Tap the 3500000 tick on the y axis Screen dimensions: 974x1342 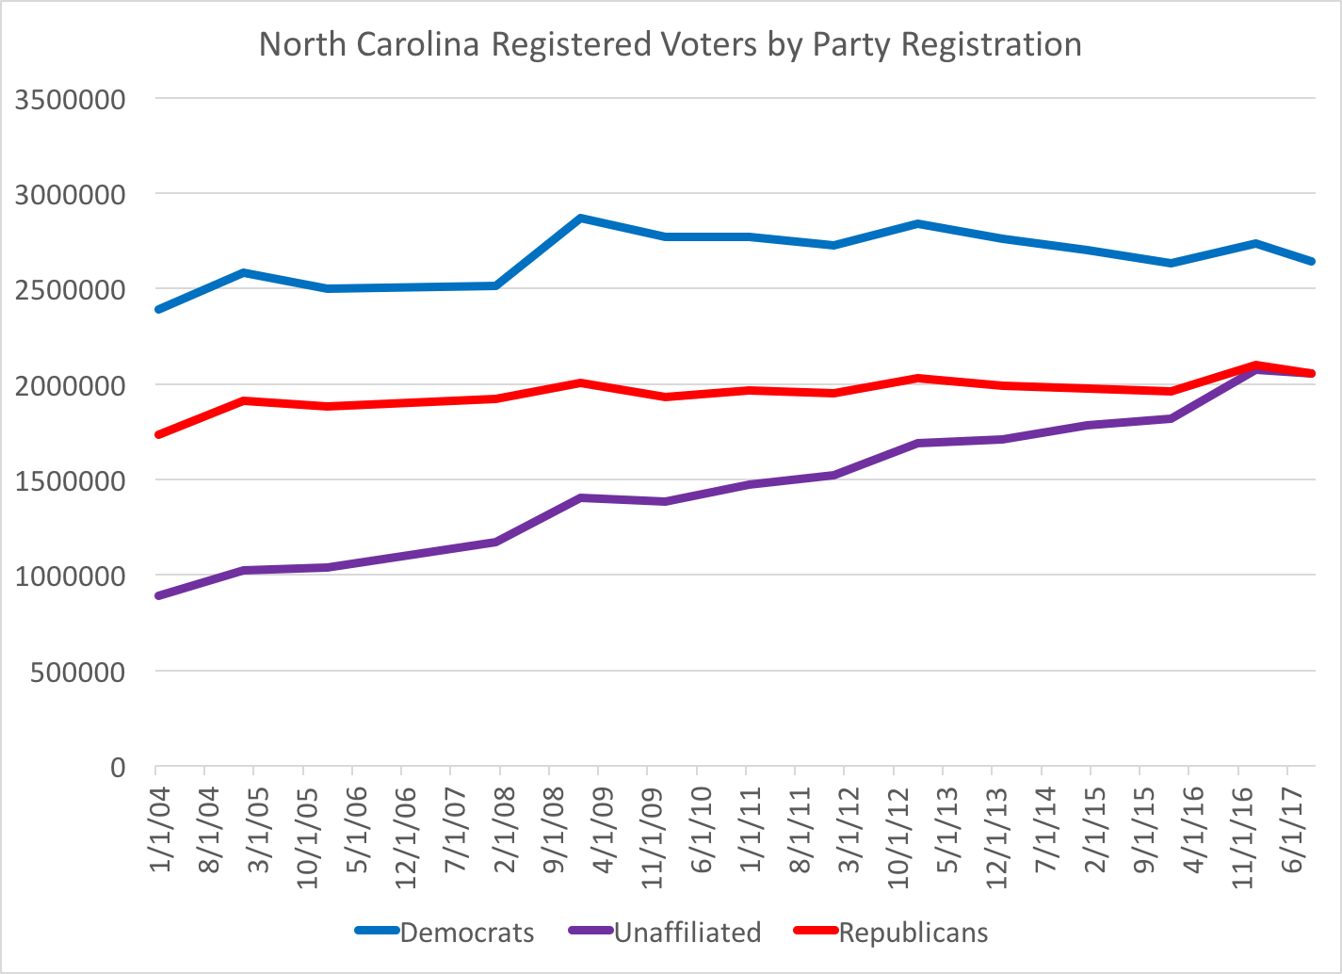(x=71, y=99)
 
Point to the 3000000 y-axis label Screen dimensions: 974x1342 (x=71, y=195)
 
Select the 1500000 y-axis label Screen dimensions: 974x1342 (x=71, y=481)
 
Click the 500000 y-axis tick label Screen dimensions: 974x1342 (x=79, y=673)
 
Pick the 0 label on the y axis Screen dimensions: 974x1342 (x=117, y=768)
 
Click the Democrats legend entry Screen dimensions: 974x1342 (x=466, y=933)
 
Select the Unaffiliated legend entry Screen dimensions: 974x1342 (x=687, y=933)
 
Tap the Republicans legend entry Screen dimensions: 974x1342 (x=913, y=933)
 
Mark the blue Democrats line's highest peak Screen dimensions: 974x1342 (x=582, y=218)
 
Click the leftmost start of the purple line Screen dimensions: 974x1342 (x=157, y=596)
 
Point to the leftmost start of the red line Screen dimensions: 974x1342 (x=157, y=434)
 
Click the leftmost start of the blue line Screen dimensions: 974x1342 (x=157, y=309)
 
